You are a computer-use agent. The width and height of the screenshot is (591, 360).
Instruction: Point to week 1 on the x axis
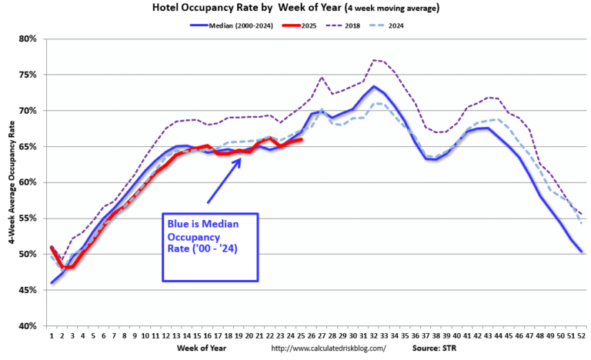coord(52,335)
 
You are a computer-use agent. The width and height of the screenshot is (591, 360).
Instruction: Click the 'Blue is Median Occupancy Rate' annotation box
coord(209,246)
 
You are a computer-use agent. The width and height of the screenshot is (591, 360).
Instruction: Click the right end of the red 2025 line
coord(300,139)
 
